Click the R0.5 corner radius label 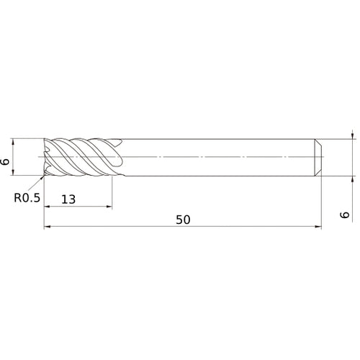coord(27,198)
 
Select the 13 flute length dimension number coord(68,199)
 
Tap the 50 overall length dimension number coord(183,220)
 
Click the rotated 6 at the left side coord(5,161)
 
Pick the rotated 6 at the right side coord(345,215)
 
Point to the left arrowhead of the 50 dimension coord(48,226)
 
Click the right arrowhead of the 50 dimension coord(318,226)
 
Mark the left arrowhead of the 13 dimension coord(48,206)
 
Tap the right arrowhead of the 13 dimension coord(109,206)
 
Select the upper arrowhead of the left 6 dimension coord(13,142)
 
